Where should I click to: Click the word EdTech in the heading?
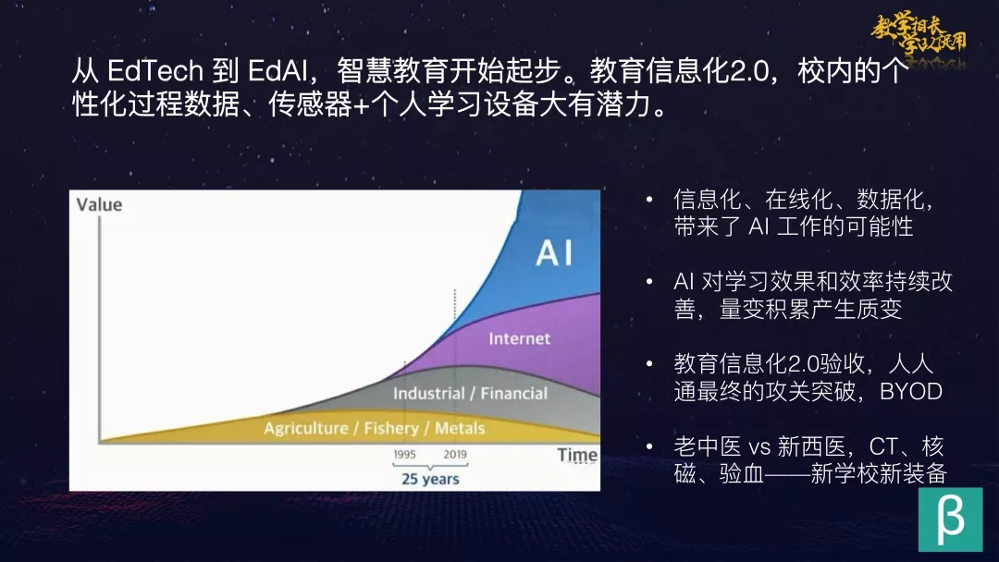[154, 70]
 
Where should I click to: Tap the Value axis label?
[99, 204]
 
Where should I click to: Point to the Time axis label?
[577, 455]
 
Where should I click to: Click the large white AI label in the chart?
[554, 252]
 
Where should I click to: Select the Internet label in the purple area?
[519, 338]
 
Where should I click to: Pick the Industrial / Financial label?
[470, 394]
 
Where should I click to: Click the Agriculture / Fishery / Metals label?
[375, 428]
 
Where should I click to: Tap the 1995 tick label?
[404, 455]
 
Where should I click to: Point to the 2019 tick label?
[455, 455]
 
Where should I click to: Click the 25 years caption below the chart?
[430, 479]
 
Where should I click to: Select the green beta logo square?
[950, 519]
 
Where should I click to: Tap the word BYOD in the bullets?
[911, 391]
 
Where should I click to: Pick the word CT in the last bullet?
[883, 446]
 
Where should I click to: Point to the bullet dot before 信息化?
[649, 200]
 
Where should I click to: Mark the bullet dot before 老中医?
[649, 446]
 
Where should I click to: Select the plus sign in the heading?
[362, 105]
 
